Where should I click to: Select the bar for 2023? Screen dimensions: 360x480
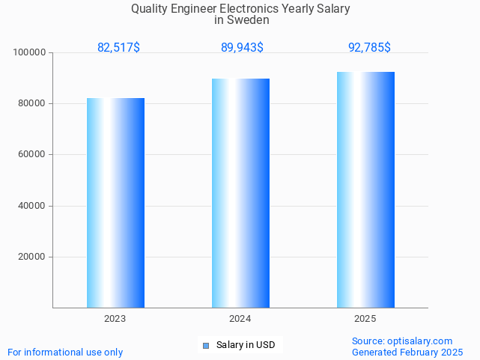coord(115,203)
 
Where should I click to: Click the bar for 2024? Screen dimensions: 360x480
coord(240,193)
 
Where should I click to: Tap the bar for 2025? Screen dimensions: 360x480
coord(365,189)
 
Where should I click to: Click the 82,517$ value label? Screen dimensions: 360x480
coord(118,48)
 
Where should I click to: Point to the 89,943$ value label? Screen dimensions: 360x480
coord(242,48)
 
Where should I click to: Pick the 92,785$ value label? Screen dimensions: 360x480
coord(369,48)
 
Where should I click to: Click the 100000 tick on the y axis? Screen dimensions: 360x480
coord(30,53)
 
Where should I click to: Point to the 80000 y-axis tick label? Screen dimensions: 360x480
coord(32,104)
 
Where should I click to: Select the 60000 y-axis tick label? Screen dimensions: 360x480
coord(32,155)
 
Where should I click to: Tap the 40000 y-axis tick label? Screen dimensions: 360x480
coord(32,206)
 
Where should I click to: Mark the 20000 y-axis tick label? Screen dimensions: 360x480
coord(32,257)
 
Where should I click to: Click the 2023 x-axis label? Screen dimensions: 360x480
coord(115,319)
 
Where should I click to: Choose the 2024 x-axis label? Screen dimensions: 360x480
coord(240,319)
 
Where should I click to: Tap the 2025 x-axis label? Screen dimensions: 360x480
coord(365,319)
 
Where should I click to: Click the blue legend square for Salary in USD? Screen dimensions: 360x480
coord(206,345)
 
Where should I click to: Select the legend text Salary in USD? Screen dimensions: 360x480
coord(246,345)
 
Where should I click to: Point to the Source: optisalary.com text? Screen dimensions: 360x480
coord(402,341)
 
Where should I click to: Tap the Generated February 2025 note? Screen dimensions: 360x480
coord(407,353)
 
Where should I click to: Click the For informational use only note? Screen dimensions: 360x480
coord(65,353)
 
